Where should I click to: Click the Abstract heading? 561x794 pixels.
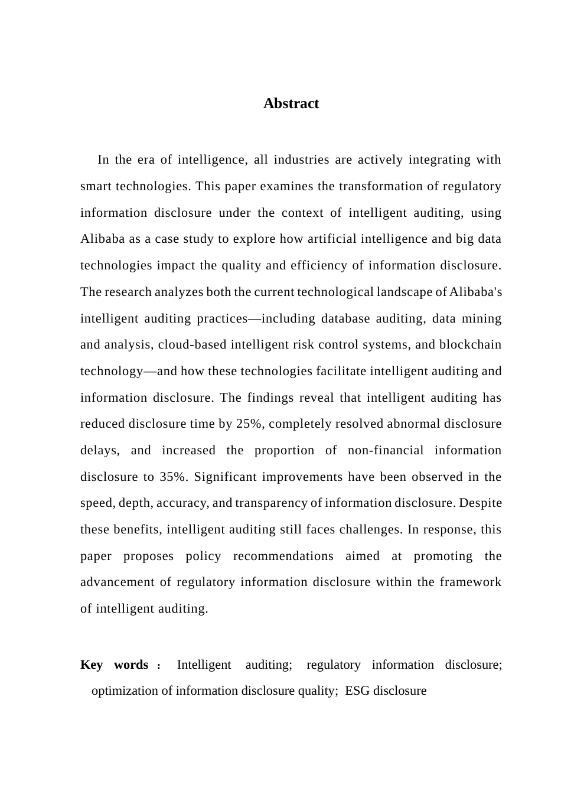(x=291, y=103)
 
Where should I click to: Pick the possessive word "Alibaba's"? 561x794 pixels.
(x=476, y=292)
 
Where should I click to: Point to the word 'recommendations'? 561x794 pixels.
(x=283, y=556)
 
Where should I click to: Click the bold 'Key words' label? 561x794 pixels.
(x=114, y=665)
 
